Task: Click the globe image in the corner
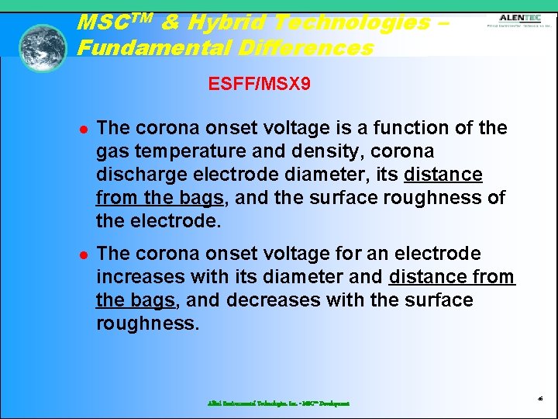tap(43, 48)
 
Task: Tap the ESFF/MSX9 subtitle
tap(260, 83)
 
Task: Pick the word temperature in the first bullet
tap(179, 151)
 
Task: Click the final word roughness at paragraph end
tap(147, 323)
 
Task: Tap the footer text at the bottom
tap(278, 403)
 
